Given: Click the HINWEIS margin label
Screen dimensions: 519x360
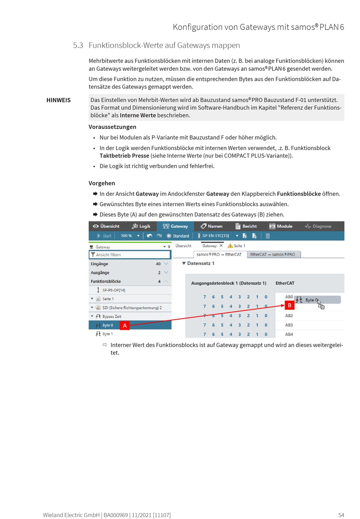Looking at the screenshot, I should [58, 100].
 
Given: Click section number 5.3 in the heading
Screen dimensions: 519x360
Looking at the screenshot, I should [78, 45].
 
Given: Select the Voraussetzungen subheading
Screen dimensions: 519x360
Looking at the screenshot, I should [112, 127].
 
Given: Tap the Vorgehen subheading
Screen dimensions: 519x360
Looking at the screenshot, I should [102, 183].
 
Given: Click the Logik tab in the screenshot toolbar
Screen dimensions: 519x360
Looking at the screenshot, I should [141, 226].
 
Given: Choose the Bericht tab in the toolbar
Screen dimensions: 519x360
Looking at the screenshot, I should [246, 226].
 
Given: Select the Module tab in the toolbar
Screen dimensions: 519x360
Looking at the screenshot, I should [281, 226].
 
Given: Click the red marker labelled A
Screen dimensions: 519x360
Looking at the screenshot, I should [125, 326].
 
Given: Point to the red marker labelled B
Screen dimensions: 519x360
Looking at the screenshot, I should [290, 305].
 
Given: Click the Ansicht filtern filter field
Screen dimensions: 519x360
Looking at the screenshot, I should [130, 255].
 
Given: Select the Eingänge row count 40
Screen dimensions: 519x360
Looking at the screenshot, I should [158, 264].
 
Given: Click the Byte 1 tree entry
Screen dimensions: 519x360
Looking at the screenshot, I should [107, 334].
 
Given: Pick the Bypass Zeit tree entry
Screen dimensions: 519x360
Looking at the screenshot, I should [112, 317].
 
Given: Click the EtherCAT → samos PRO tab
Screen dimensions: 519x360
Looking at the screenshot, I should [272, 254].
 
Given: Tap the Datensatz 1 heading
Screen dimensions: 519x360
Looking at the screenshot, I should [200, 263].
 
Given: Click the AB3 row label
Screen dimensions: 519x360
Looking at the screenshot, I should [289, 325].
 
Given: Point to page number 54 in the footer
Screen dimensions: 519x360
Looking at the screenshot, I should [341, 515].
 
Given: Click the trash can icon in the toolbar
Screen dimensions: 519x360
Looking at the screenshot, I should [268, 236].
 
